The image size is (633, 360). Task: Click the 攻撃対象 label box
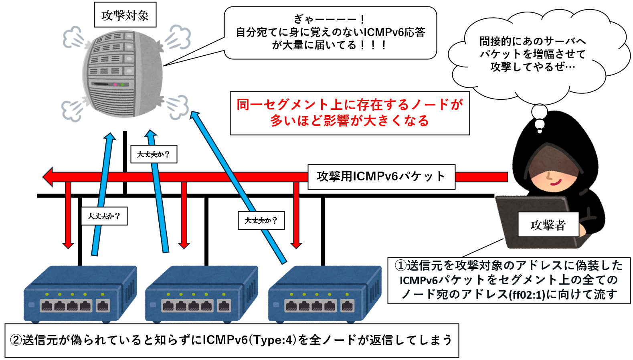coord(125,15)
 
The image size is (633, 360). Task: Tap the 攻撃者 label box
coord(548,225)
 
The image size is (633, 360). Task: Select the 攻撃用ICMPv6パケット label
coord(381,177)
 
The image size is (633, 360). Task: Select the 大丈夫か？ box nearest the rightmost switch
coord(261,220)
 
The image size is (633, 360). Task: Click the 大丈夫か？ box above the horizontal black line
coord(154,154)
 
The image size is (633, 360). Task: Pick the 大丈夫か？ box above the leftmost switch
coord(104,216)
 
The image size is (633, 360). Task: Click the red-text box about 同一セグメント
coord(350,113)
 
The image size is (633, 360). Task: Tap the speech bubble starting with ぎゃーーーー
coord(330,33)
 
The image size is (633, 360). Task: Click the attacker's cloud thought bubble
coord(533,54)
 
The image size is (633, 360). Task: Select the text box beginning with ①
coord(509,280)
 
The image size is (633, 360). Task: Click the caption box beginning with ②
coord(232,340)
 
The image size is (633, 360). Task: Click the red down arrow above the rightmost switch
coord(296,216)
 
